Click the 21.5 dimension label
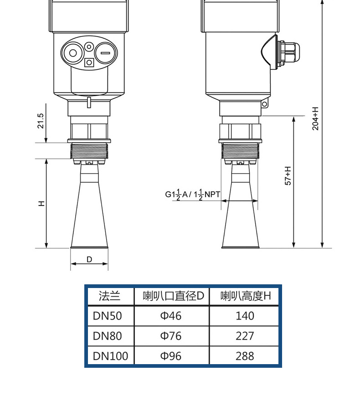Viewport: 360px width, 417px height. point(41,121)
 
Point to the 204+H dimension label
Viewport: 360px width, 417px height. point(315,118)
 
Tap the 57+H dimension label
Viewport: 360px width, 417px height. point(288,176)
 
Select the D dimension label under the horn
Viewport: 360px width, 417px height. point(89,259)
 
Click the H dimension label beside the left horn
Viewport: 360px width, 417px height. point(42,204)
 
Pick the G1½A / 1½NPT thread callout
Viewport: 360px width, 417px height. point(192,195)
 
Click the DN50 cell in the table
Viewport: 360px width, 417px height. point(108,316)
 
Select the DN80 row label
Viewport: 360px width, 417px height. point(108,336)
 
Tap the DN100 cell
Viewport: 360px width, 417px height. point(110,356)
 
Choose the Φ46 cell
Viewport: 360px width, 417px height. point(171,316)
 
